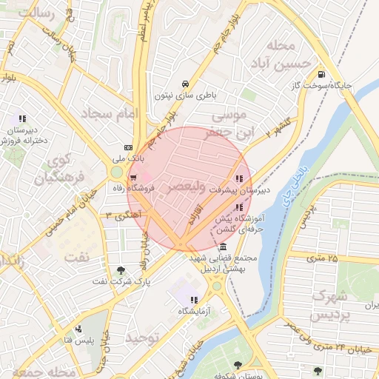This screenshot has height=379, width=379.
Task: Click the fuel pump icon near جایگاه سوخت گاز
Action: click(321, 73)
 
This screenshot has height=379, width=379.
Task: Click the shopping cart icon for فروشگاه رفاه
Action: click(133, 177)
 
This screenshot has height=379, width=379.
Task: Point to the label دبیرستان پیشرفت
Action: click(239, 189)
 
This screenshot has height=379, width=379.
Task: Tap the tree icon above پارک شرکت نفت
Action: click(121, 270)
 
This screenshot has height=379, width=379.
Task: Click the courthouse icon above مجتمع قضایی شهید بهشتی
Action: click(223, 246)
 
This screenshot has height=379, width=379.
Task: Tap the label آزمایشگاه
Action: click(192, 311)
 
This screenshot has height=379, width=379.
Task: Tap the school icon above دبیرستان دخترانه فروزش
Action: click(22, 118)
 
